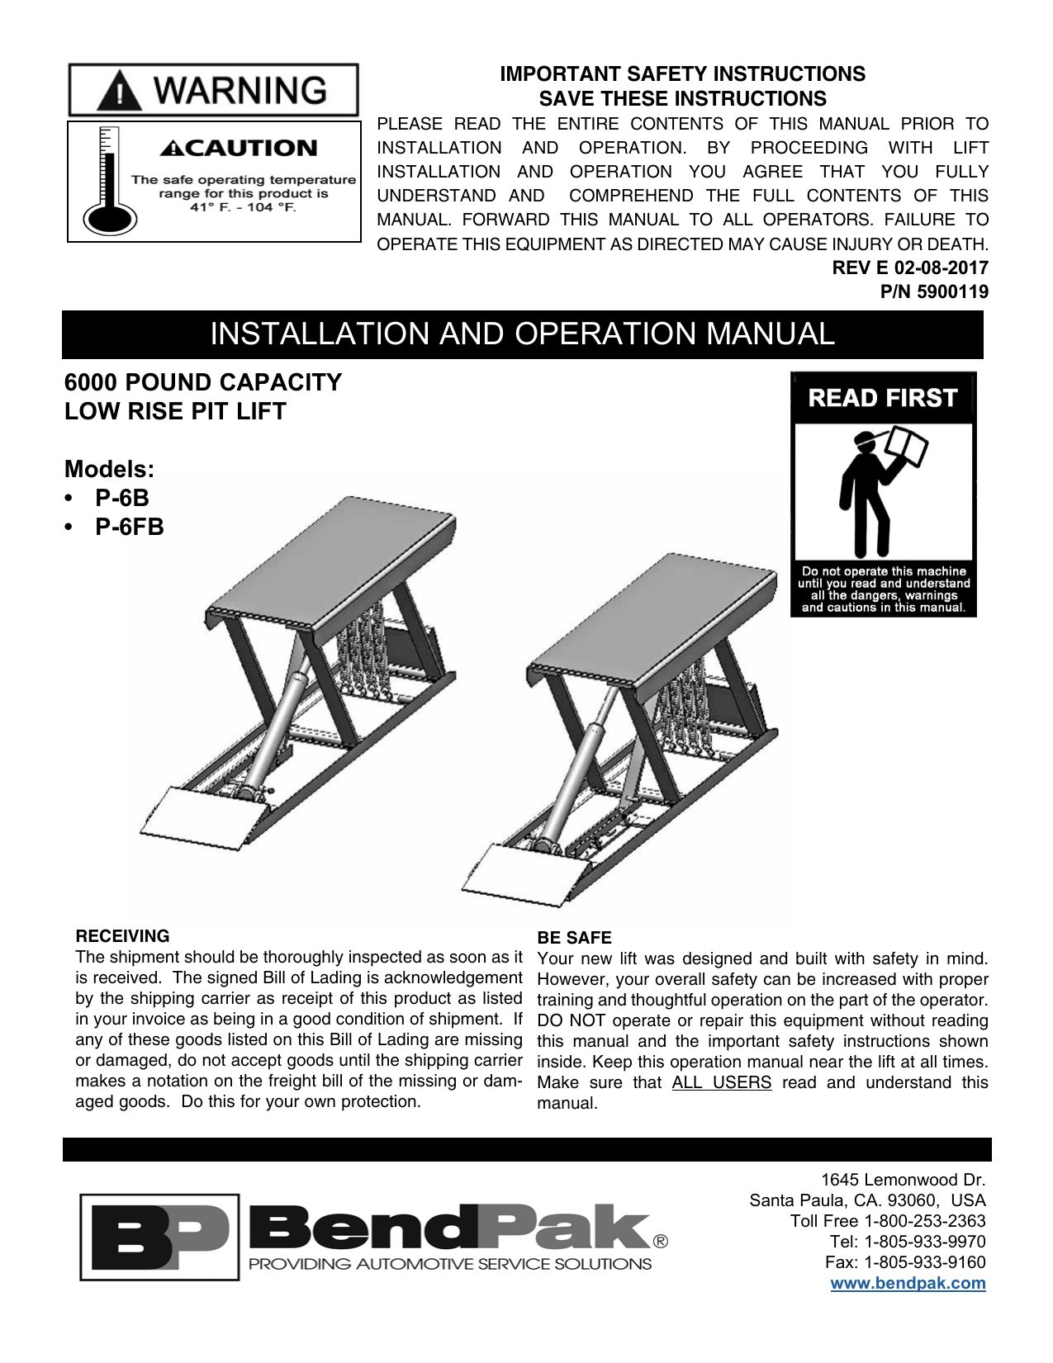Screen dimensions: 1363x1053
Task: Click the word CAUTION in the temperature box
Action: pyautogui.click(x=239, y=149)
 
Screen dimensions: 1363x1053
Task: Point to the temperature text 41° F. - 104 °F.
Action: pyautogui.click(x=243, y=207)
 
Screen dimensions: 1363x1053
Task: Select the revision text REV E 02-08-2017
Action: pyautogui.click(x=910, y=267)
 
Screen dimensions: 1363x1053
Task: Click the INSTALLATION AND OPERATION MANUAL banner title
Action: pyautogui.click(x=522, y=334)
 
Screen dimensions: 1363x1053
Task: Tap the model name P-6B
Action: pyautogui.click(x=121, y=498)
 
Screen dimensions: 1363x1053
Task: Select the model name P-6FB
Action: pyautogui.click(x=129, y=527)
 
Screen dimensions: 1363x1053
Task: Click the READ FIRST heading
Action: pyautogui.click(x=882, y=398)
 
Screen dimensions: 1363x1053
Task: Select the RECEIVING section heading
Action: pyautogui.click(x=122, y=936)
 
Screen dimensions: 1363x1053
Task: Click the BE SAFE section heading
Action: pyautogui.click(x=574, y=938)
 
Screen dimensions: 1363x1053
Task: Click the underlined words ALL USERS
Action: pyautogui.click(x=721, y=1082)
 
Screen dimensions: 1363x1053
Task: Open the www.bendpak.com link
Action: pyautogui.click(x=907, y=1283)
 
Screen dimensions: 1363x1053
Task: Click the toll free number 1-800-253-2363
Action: pyautogui.click(x=924, y=1221)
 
